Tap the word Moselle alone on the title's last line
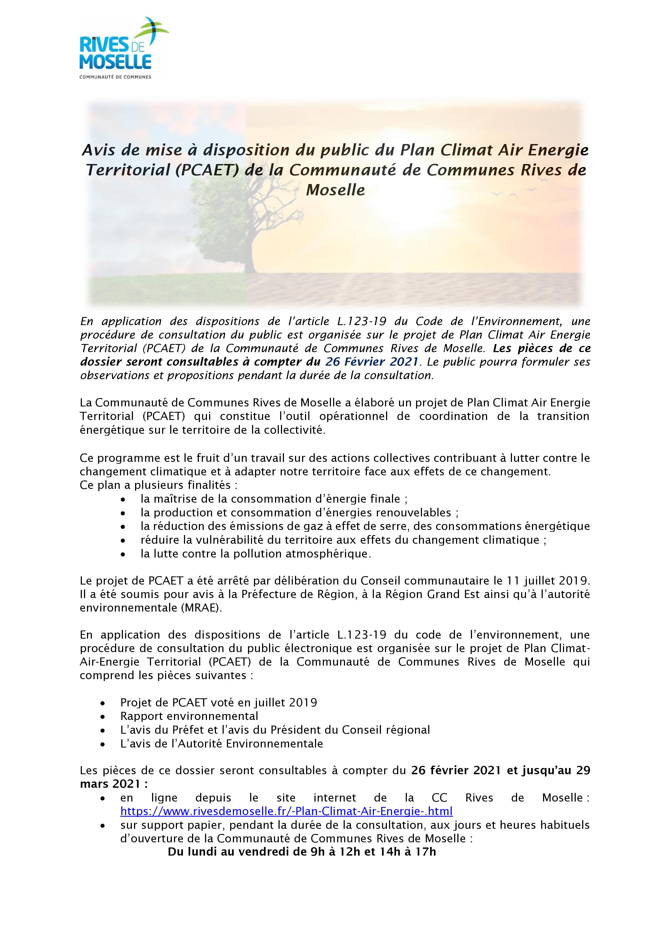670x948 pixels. pyautogui.click(x=335, y=190)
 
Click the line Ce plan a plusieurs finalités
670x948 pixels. pyautogui.click(x=159, y=485)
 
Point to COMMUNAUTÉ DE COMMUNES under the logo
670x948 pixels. pyautogui.click(x=115, y=77)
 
